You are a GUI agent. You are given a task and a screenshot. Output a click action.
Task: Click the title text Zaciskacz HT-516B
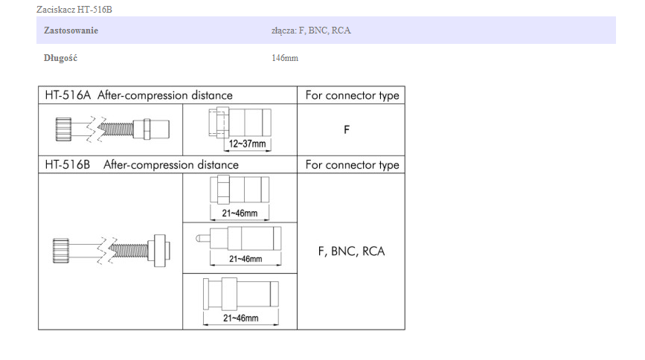point(74,9)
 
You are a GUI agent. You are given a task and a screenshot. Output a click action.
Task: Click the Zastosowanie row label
point(71,30)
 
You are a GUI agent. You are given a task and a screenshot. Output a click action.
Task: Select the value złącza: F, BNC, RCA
point(311,30)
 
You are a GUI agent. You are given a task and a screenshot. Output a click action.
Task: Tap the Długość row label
point(60,58)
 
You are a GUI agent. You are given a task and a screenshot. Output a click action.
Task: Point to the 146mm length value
point(285,58)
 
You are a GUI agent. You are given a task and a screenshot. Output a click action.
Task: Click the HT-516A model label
point(67,95)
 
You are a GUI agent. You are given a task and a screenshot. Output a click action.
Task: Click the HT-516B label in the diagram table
point(67,165)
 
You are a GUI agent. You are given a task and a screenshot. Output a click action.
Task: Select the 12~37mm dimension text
point(248,143)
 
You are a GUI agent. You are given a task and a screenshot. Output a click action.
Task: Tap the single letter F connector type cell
point(347,129)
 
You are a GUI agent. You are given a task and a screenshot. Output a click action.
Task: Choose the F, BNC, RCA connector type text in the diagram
point(351,251)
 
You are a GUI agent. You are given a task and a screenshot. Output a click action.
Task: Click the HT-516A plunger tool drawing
point(112,128)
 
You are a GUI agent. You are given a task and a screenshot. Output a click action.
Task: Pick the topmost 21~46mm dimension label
point(240,213)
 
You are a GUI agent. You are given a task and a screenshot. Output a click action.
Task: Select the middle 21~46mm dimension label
point(245,259)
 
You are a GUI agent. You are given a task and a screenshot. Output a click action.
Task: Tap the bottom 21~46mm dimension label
point(241,318)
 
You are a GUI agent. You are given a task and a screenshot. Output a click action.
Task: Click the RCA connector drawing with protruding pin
point(240,239)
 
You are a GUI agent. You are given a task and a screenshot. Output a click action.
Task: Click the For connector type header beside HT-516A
point(352,95)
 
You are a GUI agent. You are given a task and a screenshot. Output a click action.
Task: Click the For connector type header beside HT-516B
point(352,165)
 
